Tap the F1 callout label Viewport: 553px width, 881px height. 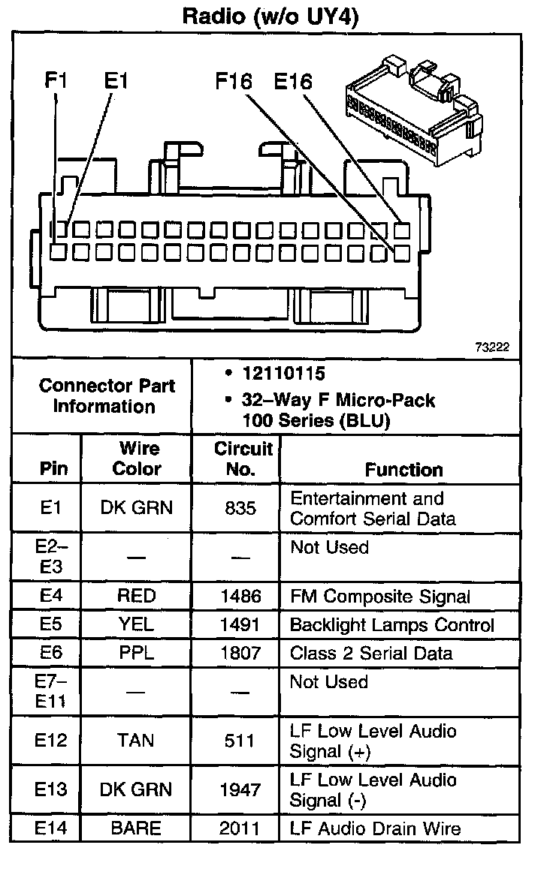(56, 81)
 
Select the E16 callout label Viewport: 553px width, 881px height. (292, 81)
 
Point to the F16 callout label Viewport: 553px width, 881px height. (234, 81)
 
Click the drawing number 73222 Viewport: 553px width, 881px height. (492, 347)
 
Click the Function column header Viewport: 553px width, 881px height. (403, 470)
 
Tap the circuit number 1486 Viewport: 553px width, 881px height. (240, 597)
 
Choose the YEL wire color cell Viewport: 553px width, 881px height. (136, 625)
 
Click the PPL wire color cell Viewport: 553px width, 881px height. (136, 653)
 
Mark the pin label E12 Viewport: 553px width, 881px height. (50, 741)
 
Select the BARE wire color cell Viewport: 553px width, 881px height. (136, 828)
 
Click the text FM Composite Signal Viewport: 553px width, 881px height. (380, 597)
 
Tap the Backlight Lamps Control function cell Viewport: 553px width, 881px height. (392, 625)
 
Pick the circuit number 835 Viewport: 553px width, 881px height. (240, 508)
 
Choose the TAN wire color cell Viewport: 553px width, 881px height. (136, 741)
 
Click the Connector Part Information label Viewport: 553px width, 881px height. (107, 396)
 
